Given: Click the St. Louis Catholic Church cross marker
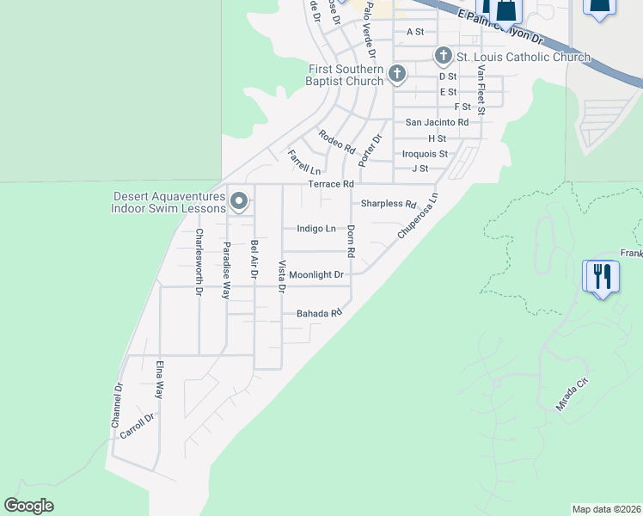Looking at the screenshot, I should pos(444,57).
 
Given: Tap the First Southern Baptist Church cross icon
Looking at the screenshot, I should pos(397,74).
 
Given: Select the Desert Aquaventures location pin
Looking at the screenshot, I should pos(240,202).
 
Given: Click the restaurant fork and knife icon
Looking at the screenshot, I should pos(601,277).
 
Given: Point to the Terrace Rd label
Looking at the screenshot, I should pos(331,184).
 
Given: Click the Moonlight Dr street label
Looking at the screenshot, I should pos(315,275).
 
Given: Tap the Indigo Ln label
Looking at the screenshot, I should pos(315,229).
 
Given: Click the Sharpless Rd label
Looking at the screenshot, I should pos(388,204).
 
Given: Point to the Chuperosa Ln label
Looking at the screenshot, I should pos(418,216).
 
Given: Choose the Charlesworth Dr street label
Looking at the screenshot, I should pos(199,262).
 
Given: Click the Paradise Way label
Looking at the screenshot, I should pos(227,270).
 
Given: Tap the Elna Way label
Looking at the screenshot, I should pos(160,379).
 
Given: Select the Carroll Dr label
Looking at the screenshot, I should pos(137,427).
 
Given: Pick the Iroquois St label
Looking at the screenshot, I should pos(425,154).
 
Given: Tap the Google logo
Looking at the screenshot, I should pos(29,506).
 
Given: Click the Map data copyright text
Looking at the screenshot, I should pos(606,509).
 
